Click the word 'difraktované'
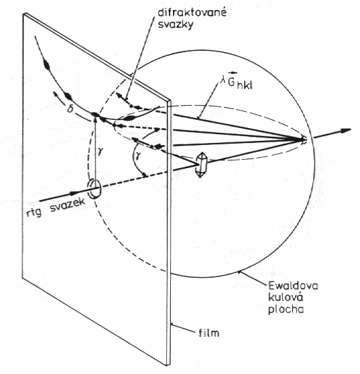pos(192,13)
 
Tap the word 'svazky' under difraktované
pos(176,25)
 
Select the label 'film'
pos(209,332)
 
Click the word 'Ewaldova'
pos(293,285)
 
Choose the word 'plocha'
pos(285,310)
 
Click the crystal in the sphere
pos(201,165)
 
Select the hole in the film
pos(94,189)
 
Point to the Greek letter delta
pos(69,109)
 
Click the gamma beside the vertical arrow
pos(100,150)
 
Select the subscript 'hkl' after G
pos(245,85)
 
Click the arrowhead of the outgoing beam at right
pos(346,131)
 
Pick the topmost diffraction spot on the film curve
pos(46,63)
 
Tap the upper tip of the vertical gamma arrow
pos(95,117)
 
